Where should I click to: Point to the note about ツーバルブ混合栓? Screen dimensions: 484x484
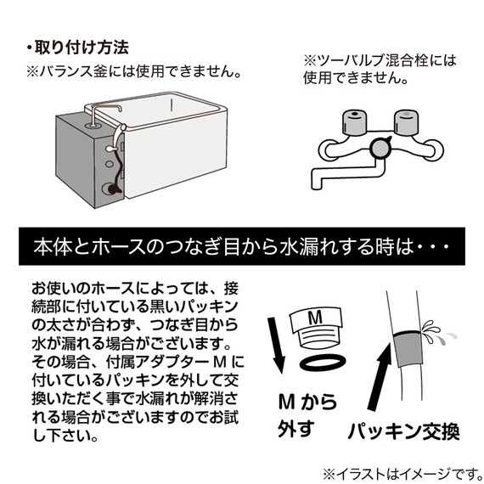pyautogui.click(x=379, y=70)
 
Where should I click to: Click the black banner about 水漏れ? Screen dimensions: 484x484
pyautogui.click(x=241, y=247)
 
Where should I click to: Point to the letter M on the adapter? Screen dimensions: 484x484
pyautogui.click(x=315, y=317)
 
